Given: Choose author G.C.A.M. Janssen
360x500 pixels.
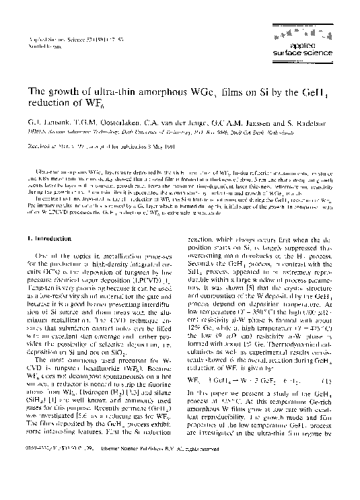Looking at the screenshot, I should click(229, 125).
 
